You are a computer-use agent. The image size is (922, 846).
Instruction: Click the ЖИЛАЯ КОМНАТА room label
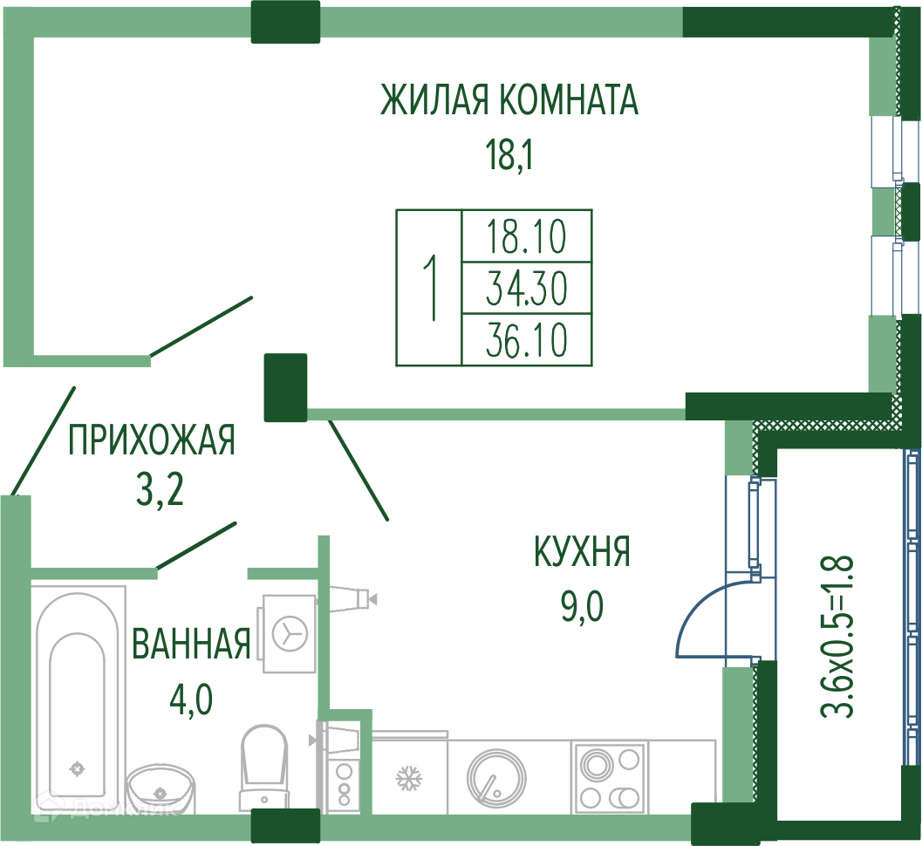click(x=509, y=100)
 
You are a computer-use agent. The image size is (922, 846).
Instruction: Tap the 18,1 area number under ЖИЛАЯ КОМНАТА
click(x=509, y=157)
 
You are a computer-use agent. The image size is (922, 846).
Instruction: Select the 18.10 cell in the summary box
click(x=527, y=235)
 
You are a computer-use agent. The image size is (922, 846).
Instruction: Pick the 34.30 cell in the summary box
click(x=527, y=287)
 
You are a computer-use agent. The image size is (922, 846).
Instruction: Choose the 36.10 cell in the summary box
click(x=527, y=339)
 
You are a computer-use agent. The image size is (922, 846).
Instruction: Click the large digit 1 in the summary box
click(x=428, y=287)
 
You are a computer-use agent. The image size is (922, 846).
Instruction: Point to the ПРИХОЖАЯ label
click(x=152, y=440)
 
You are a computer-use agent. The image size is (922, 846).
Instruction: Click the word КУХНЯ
click(x=582, y=552)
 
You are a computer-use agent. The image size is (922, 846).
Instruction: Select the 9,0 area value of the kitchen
click(x=582, y=604)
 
